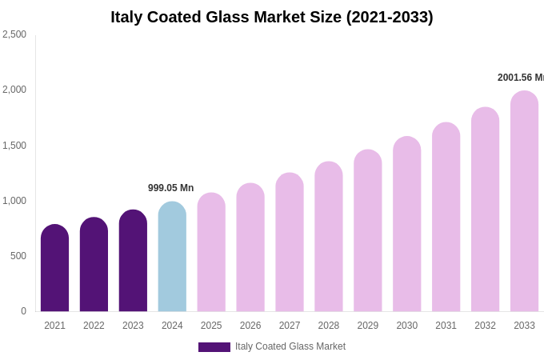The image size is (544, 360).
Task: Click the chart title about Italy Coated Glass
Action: pos(272,17)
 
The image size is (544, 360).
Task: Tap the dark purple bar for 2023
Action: pos(133,261)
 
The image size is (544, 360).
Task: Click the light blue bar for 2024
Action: pos(172,257)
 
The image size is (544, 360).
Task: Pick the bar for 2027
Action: pos(290,242)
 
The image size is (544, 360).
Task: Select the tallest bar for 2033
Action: pos(524,202)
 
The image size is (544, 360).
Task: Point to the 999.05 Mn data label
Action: pos(170,188)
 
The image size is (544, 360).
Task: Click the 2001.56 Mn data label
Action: pos(520,78)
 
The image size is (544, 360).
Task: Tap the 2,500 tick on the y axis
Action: pos(14,34)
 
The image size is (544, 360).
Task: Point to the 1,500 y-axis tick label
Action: pos(14,146)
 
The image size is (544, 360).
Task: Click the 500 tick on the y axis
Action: pos(18,256)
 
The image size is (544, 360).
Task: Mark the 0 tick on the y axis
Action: pos(23,311)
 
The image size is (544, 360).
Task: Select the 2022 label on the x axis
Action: pos(94,326)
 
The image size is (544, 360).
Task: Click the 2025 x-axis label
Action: pos(211,326)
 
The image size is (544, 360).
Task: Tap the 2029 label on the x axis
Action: pos(367,326)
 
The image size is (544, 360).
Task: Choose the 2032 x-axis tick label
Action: pos(485,326)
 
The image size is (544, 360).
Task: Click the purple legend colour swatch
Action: pos(214,347)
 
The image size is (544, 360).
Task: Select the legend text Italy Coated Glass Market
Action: pos(290,346)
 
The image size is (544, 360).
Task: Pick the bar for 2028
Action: pos(328,237)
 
